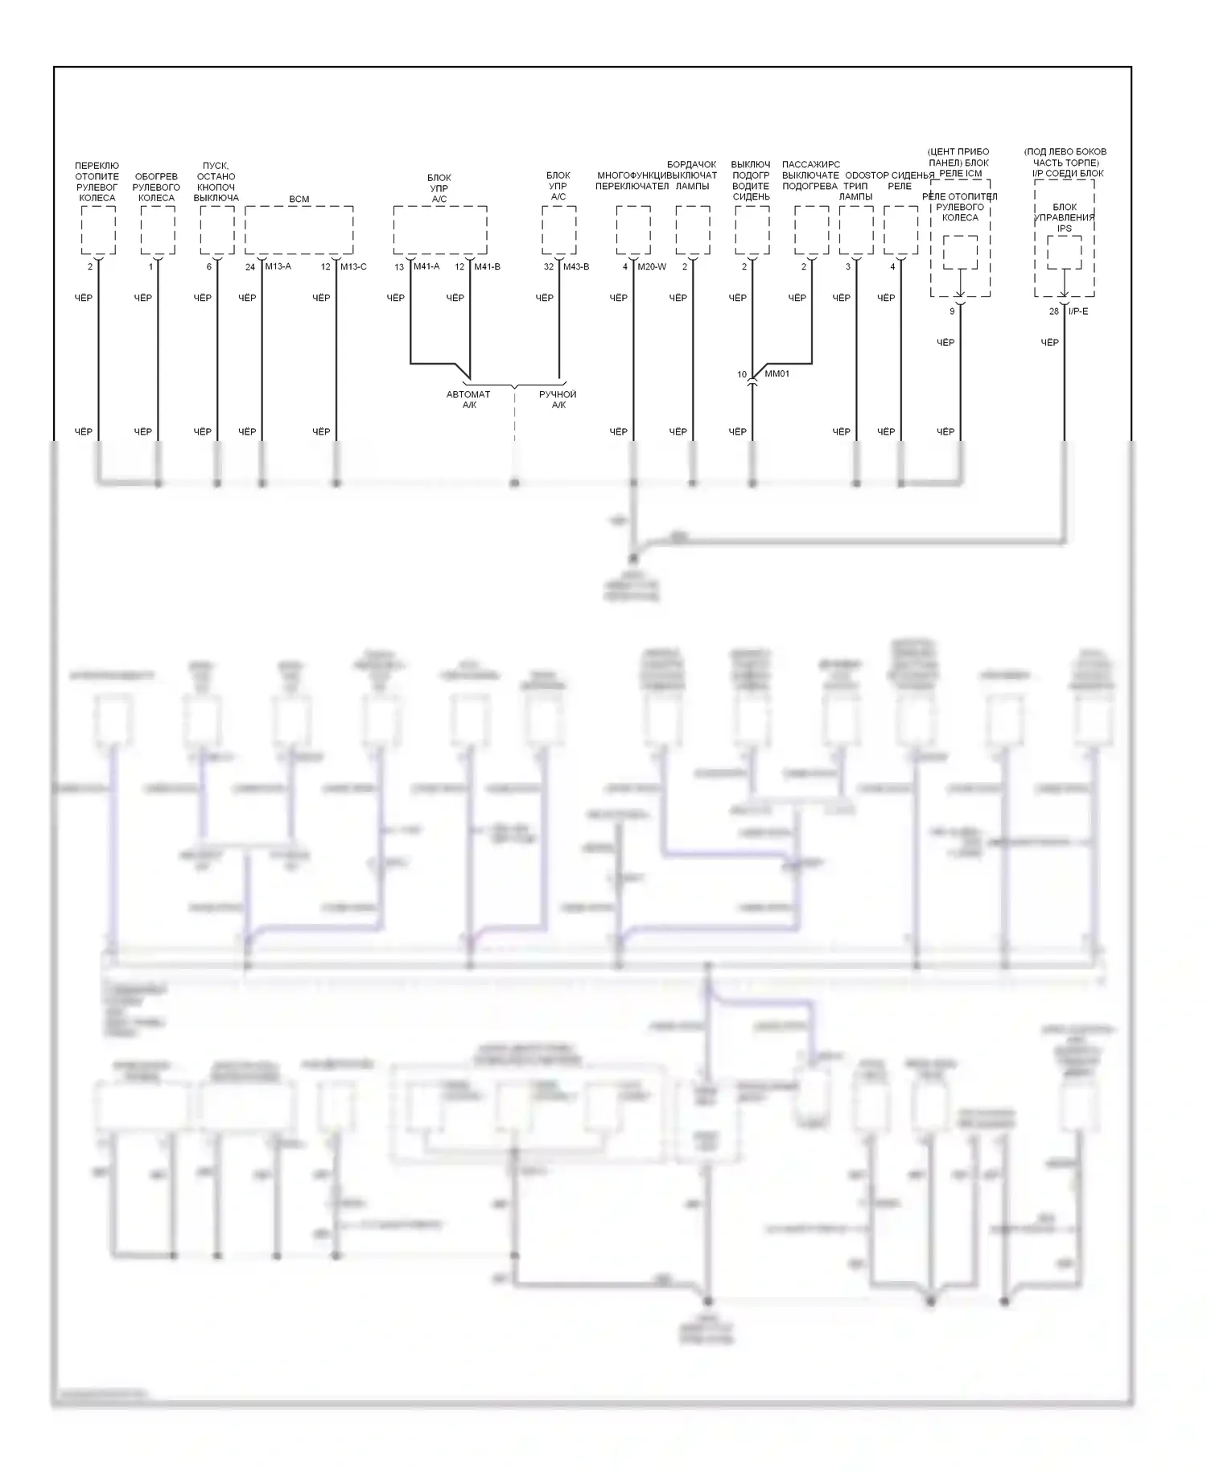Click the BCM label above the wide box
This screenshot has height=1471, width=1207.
click(299, 199)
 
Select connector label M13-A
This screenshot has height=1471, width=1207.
click(278, 266)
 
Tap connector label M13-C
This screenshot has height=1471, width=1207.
click(353, 266)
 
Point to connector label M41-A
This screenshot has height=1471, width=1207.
click(426, 266)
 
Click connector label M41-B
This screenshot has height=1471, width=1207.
click(487, 266)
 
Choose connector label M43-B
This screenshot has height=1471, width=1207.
click(576, 266)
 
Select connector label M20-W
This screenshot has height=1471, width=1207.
click(652, 266)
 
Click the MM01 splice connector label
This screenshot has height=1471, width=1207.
click(777, 374)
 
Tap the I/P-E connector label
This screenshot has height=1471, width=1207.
click(1078, 311)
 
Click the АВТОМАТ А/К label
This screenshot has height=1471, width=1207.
click(468, 399)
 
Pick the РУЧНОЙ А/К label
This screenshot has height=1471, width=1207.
click(558, 399)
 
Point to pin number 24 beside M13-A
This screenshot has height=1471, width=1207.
click(250, 267)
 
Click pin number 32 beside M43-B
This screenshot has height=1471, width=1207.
click(549, 267)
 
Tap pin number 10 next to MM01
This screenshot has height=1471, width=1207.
click(742, 375)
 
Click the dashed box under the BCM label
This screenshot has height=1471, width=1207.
click(299, 229)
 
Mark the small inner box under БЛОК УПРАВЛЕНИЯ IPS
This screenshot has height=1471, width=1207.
click(1064, 253)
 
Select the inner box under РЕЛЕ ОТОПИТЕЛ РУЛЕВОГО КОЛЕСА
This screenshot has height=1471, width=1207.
click(960, 253)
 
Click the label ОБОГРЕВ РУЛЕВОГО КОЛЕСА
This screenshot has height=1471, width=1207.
click(156, 187)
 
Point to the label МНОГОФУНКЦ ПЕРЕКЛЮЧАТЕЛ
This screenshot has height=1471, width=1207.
click(632, 181)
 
